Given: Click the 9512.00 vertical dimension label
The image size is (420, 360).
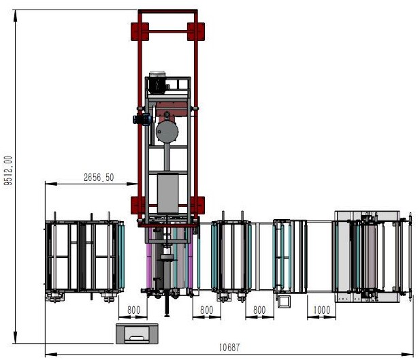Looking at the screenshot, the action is [x=8, y=171].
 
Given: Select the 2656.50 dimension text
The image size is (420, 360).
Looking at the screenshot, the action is [x=99, y=178].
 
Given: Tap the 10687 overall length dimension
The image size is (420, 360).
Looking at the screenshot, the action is [x=229, y=348].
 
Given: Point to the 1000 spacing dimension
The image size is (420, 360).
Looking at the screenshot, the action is [x=322, y=310].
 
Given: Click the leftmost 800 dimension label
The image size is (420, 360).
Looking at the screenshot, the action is [x=133, y=310].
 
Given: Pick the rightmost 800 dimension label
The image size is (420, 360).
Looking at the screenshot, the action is [x=259, y=310].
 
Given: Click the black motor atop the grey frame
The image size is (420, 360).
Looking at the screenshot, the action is [x=157, y=82].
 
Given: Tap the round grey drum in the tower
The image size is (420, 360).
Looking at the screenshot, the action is [x=167, y=131].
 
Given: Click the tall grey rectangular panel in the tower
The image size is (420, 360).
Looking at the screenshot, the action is [x=167, y=193].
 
